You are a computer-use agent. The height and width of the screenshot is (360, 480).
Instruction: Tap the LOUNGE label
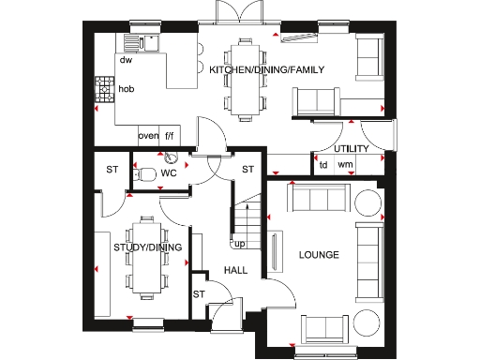[x=318, y=255]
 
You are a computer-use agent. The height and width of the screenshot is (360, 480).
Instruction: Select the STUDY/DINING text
[x=147, y=248]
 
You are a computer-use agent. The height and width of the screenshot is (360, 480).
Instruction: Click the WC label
[x=168, y=173]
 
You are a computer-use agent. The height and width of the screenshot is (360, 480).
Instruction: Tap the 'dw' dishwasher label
[x=125, y=61]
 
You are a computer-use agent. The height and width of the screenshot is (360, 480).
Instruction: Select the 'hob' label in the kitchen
[x=127, y=90]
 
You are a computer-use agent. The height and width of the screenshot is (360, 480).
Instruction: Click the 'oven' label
[x=147, y=136]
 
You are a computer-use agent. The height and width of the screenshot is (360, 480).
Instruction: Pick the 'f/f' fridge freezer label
[x=171, y=136]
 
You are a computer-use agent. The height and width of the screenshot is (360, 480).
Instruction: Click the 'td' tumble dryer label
[x=322, y=166]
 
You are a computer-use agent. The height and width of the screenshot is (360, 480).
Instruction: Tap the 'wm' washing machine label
[x=345, y=166]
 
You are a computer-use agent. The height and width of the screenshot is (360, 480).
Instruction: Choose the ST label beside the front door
[x=200, y=294]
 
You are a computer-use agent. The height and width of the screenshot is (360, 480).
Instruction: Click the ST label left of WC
[x=111, y=170]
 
